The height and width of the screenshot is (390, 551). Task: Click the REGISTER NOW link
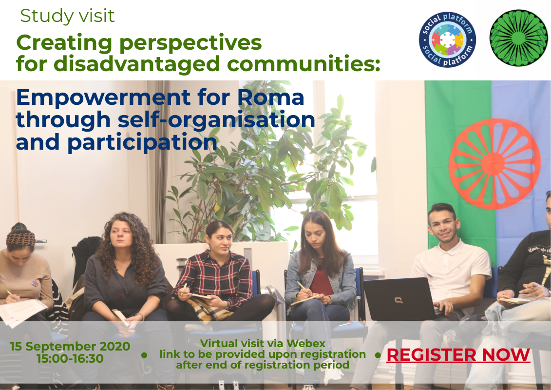pos(458,355)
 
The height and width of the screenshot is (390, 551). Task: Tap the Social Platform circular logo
pos(447,39)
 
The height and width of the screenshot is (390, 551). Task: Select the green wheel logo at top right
pos(519,38)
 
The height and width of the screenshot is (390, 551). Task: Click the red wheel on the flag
pos(494,163)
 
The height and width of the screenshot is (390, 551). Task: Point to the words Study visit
pos(67,16)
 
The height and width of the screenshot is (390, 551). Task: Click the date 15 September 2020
pos(70,347)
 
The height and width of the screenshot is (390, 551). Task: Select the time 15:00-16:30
pos(70,359)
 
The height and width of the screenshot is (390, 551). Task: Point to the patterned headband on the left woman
pos(20,238)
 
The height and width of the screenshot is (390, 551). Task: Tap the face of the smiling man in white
pos(443,227)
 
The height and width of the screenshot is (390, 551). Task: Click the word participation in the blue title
pos(142,142)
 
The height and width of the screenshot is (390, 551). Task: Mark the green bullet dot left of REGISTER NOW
pos(378,355)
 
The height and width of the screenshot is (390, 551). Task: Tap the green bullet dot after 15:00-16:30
pos(144,355)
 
